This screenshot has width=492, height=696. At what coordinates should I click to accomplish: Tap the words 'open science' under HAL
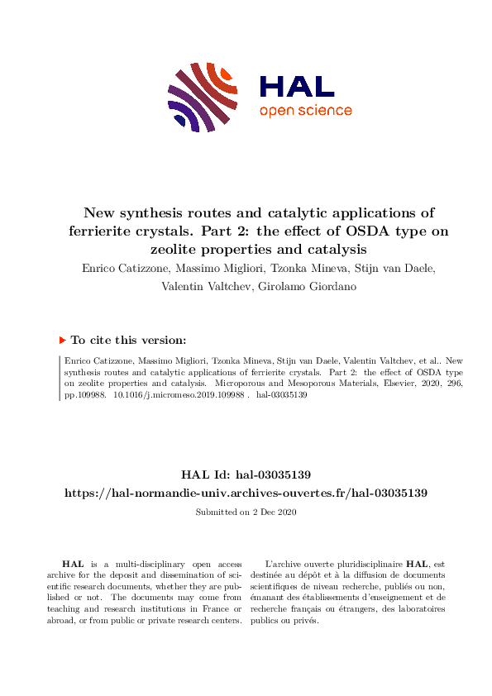pos(305,111)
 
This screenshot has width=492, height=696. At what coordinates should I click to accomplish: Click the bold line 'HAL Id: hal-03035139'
pos(246,474)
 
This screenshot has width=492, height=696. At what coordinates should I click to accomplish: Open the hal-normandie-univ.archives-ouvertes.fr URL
pos(246,493)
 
